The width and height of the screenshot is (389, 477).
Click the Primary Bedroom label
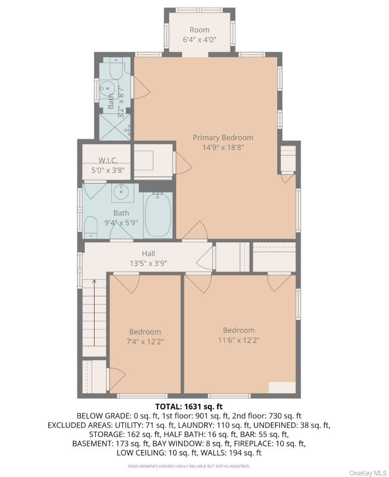click(x=223, y=137)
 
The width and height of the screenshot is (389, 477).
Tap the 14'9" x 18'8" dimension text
click(x=223, y=148)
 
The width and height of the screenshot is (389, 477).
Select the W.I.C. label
click(x=108, y=160)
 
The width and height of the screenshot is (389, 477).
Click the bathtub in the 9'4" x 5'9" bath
click(x=158, y=215)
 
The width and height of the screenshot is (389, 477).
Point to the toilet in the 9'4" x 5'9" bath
click(x=90, y=227)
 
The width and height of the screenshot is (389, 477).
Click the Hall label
click(x=148, y=253)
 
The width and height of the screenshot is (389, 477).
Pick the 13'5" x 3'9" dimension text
click(x=148, y=263)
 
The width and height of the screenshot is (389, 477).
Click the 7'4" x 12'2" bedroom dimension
click(x=145, y=342)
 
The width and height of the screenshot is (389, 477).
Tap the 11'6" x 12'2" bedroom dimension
click(x=239, y=340)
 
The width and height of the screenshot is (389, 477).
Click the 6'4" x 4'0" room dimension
click(x=200, y=40)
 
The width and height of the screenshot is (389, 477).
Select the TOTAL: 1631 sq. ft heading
click(x=189, y=406)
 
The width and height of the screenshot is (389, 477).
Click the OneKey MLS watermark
click(x=368, y=473)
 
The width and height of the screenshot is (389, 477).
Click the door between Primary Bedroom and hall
click(x=194, y=230)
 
